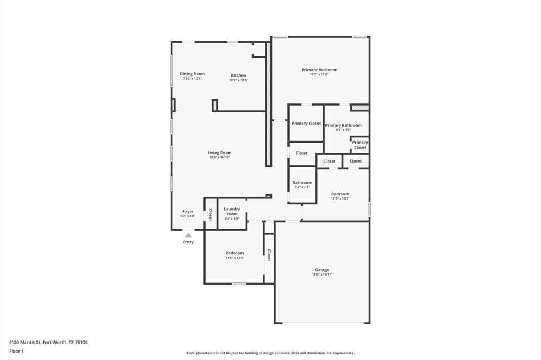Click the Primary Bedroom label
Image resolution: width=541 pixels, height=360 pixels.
(x=319, y=70)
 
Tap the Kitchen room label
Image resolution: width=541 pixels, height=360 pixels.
(x=238, y=75)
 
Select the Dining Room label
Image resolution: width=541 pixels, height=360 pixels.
(x=192, y=74)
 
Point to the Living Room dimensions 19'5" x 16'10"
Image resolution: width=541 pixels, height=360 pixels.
(x=219, y=157)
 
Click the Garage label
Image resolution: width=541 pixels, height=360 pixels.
(x=322, y=270)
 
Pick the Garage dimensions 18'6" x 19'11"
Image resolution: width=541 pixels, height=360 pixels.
(x=322, y=274)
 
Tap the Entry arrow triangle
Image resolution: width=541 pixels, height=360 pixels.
(x=188, y=235)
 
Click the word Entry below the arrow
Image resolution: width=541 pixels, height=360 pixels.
(x=188, y=242)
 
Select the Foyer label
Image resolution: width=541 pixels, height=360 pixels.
(x=188, y=211)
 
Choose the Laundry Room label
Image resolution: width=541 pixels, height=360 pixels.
(x=232, y=211)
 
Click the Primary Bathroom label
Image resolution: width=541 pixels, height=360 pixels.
(x=343, y=125)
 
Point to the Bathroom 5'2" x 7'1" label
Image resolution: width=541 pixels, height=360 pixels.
(x=302, y=183)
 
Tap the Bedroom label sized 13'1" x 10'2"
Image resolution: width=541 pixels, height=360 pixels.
(x=340, y=194)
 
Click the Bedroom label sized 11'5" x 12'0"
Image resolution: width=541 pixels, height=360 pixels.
(x=235, y=253)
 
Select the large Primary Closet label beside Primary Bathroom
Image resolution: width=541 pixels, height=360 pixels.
(x=306, y=124)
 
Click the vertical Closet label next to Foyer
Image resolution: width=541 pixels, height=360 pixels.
(x=210, y=214)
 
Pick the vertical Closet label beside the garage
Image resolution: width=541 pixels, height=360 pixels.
(x=269, y=255)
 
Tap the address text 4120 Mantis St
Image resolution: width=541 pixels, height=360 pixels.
(x=48, y=342)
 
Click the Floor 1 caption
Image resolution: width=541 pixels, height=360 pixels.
(x=16, y=351)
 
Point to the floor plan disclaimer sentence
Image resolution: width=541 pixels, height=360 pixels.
(x=270, y=353)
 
